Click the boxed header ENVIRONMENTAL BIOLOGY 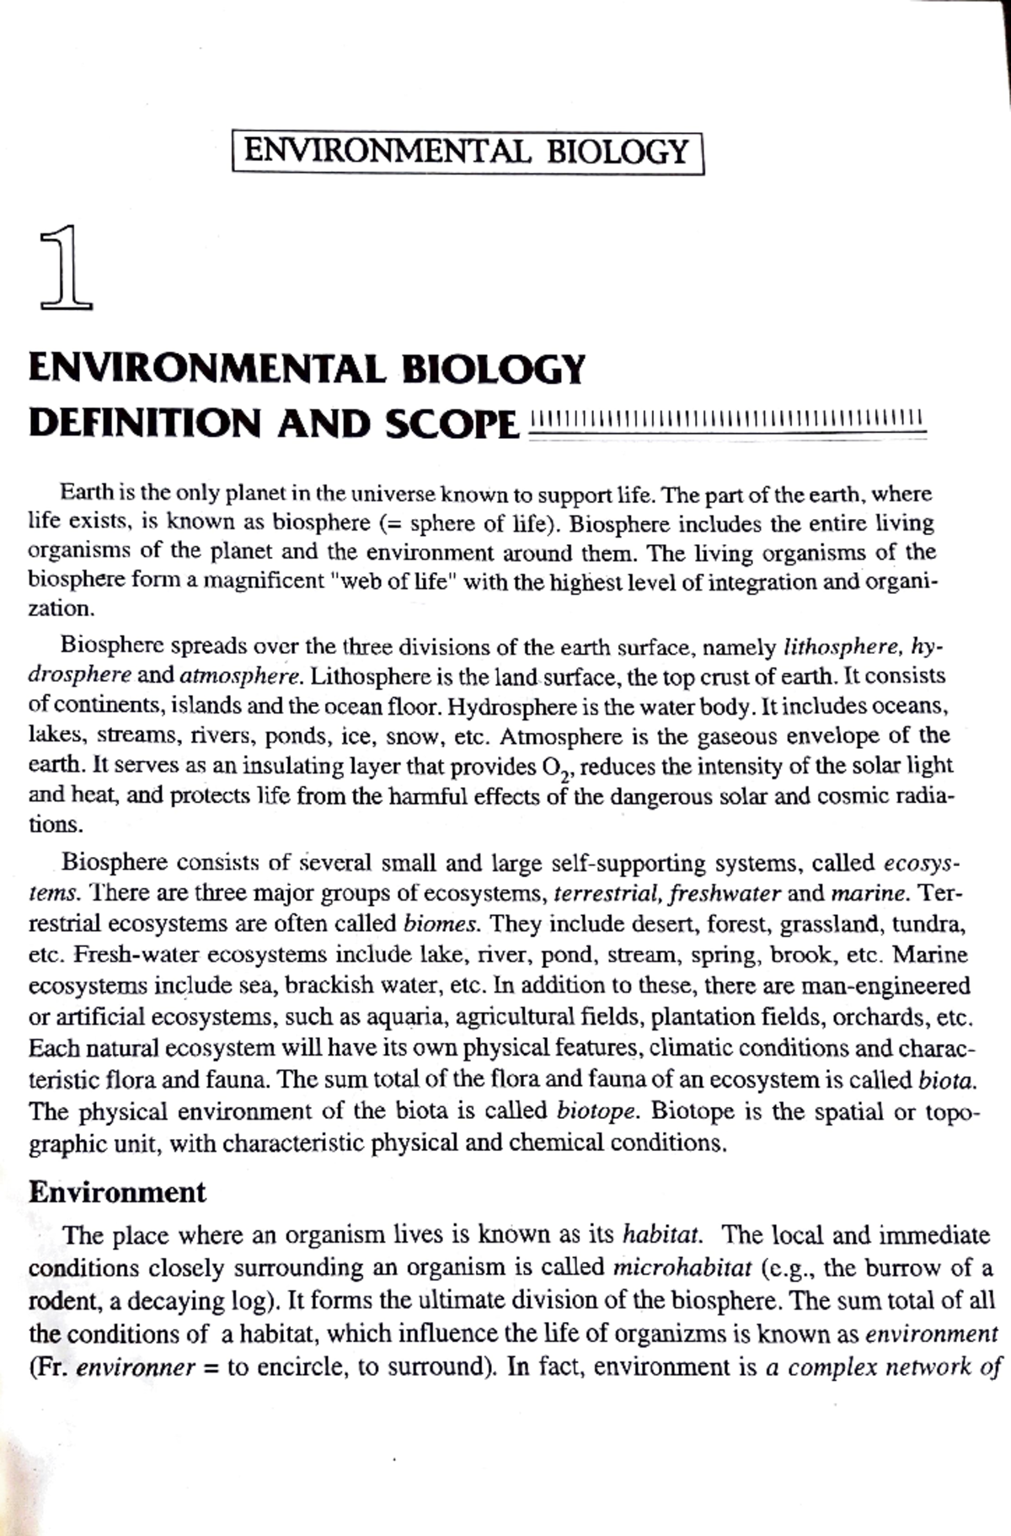tap(467, 153)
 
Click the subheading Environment tap(117, 1192)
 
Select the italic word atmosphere tap(240, 677)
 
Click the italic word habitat tap(661, 1236)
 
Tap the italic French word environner tap(136, 1367)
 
